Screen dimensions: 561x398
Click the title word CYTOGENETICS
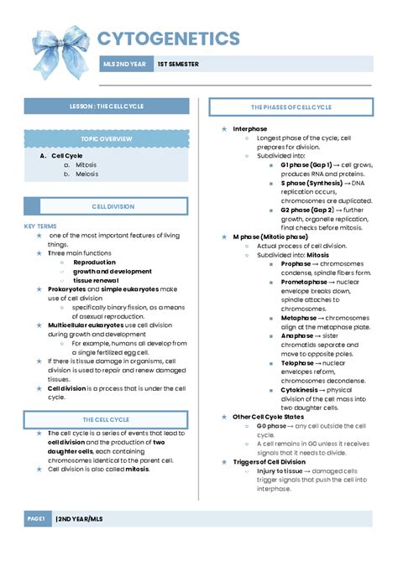[x=168, y=39]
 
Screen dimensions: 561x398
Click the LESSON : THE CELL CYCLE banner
[x=106, y=106]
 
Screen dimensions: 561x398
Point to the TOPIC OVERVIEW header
[x=106, y=137]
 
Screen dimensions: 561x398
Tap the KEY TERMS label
[x=40, y=226]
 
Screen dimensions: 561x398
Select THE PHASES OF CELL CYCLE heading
[x=291, y=108]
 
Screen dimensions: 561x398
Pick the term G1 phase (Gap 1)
[x=306, y=164]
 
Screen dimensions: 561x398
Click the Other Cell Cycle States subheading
[x=268, y=417]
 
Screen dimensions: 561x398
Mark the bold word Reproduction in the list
[x=94, y=262]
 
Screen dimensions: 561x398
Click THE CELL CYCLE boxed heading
[x=106, y=419]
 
